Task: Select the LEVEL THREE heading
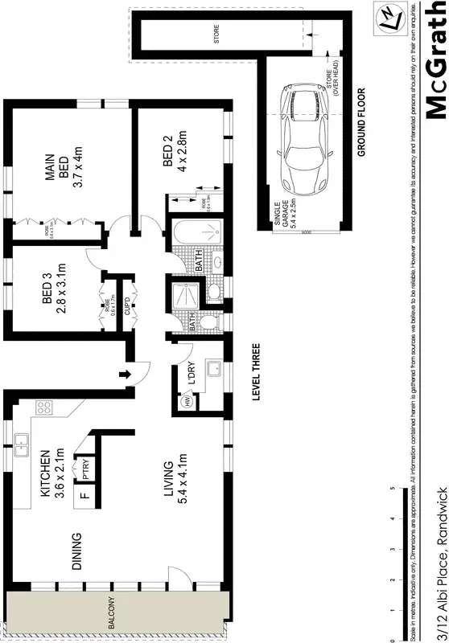coord(256,373)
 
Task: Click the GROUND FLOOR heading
coord(361,121)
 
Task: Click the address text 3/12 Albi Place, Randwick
coord(435,563)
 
